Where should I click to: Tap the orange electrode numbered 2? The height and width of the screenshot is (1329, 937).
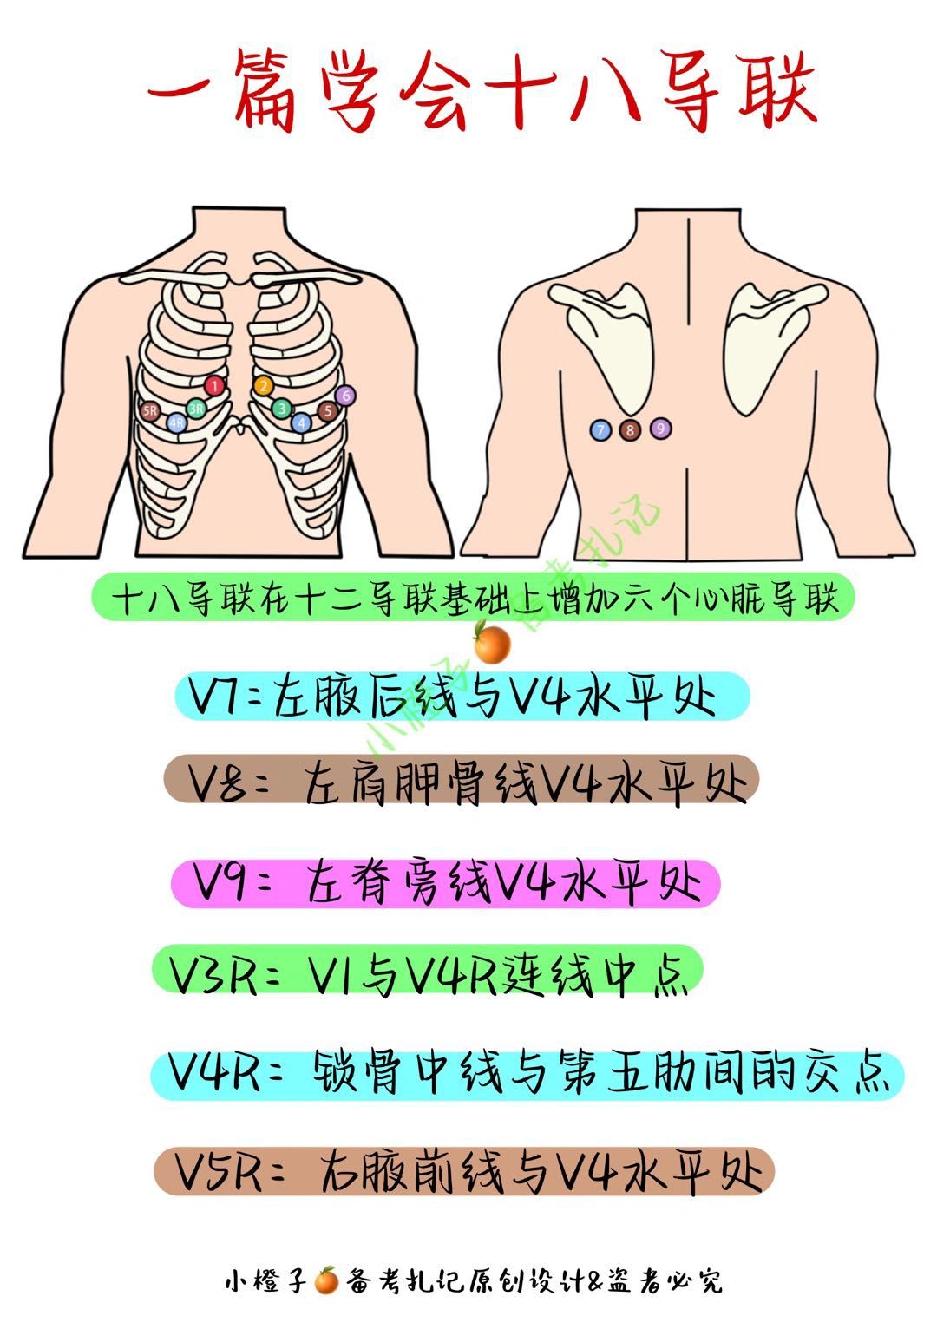264,386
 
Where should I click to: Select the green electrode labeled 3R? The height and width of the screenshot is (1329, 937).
197,408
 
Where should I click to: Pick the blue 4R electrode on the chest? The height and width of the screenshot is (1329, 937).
177,422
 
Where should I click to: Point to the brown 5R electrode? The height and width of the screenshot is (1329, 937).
151,410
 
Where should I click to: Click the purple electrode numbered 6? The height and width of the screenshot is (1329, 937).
345,396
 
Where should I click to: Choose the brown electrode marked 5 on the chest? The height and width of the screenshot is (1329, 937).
327,411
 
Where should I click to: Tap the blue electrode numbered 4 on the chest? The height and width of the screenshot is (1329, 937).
302,422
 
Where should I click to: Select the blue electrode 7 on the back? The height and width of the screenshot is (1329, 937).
600,429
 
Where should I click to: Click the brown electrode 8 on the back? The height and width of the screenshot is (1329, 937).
630,429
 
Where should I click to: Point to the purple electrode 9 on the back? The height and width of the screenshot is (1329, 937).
660,428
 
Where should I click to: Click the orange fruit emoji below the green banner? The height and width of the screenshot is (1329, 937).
491,644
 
